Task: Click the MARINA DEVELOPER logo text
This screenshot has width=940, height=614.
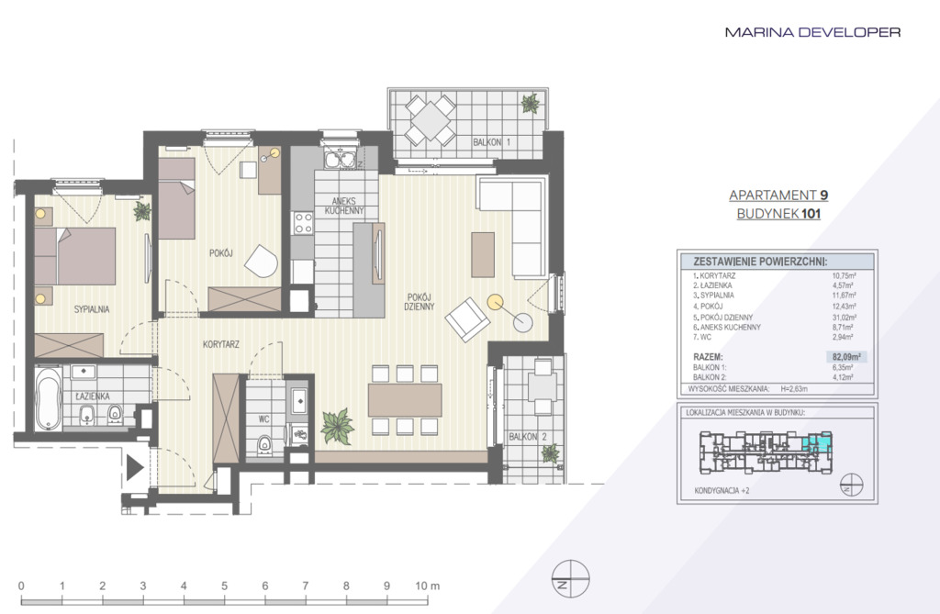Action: pyautogui.click(x=812, y=32)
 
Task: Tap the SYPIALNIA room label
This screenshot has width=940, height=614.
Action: pyautogui.click(x=92, y=309)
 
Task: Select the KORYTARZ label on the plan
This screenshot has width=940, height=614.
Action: pyautogui.click(x=221, y=344)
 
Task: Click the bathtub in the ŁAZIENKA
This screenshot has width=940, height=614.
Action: pyautogui.click(x=48, y=398)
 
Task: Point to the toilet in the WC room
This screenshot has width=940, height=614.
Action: pyautogui.click(x=263, y=445)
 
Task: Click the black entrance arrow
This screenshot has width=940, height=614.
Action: pyautogui.click(x=134, y=468)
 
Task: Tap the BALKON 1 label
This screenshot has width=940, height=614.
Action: pyautogui.click(x=492, y=142)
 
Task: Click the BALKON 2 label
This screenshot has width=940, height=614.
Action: pyautogui.click(x=528, y=437)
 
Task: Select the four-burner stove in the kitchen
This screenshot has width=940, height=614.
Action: pyautogui.click(x=303, y=223)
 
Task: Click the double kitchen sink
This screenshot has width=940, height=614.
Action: pyautogui.click(x=340, y=160)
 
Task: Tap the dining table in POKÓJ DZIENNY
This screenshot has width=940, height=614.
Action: pyautogui.click(x=405, y=400)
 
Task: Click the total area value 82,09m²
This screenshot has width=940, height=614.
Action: pyautogui.click(x=845, y=357)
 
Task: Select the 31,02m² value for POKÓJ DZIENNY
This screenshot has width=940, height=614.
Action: pyautogui.click(x=845, y=318)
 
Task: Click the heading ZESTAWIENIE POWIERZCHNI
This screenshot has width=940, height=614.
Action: pyautogui.click(x=760, y=262)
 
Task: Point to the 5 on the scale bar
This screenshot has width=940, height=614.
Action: pyautogui.click(x=224, y=586)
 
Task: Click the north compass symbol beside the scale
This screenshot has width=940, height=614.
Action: pyautogui.click(x=571, y=579)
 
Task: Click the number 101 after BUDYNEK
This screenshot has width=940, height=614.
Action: pyautogui.click(x=811, y=214)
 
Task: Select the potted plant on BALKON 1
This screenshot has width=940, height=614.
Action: pyautogui.click(x=530, y=103)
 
